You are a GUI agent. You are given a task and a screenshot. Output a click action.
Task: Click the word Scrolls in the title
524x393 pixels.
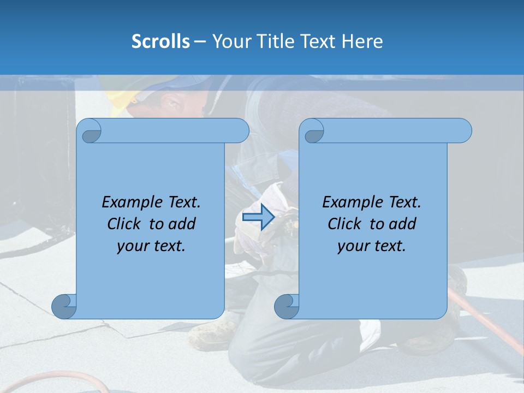(x=160, y=41)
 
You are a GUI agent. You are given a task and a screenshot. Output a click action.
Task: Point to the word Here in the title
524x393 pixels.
(x=362, y=41)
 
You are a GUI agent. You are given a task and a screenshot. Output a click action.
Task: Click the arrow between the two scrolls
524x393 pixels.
(x=258, y=217)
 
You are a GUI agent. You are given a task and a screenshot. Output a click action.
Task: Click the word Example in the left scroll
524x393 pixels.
(x=130, y=203)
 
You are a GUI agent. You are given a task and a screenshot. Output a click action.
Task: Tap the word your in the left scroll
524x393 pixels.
(x=132, y=246)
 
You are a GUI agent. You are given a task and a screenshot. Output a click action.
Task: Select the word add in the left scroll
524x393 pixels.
(x=181, y=224)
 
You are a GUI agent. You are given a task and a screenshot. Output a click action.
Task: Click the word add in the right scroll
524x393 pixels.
(x=401, y=224)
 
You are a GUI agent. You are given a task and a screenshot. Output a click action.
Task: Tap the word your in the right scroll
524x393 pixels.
(x=353, y=246)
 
